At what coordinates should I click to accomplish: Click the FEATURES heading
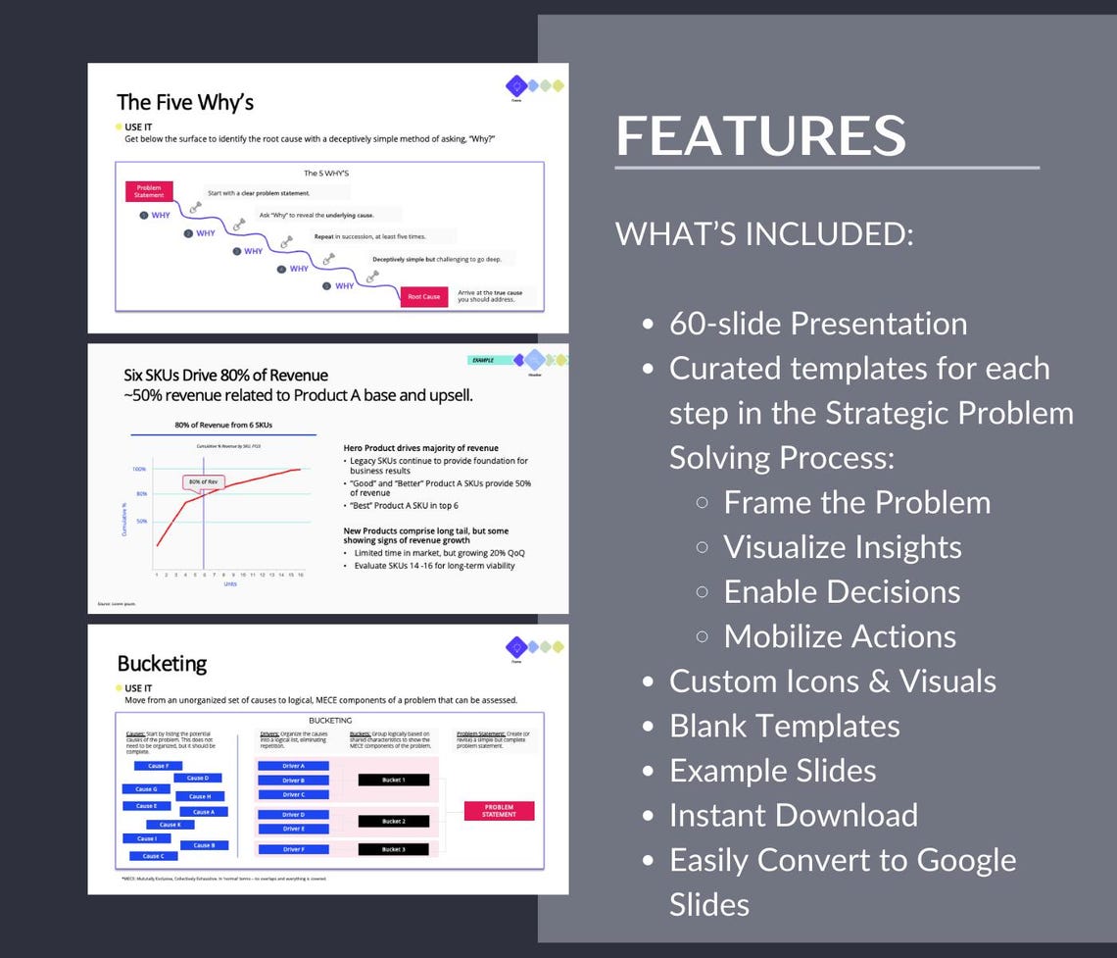point(760,135)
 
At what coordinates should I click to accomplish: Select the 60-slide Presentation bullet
point(818,324)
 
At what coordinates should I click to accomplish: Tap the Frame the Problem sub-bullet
point(856,502)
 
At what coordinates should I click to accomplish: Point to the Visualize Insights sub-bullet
point(842,547)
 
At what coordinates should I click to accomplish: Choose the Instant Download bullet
point(794,815)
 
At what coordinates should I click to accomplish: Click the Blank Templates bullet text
point(784,726)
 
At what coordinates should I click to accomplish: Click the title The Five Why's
point(185,102)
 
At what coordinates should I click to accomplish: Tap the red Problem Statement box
point(149,191)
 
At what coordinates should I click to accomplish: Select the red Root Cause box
point(423,296)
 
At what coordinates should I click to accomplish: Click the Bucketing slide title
point(162,664)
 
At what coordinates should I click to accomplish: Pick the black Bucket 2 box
point(392,821)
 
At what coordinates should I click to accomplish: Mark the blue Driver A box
point(292,766)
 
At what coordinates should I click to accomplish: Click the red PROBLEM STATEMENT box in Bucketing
point(499,811)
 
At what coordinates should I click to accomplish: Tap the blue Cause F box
point(158,766)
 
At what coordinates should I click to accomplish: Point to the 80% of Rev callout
point(203,481)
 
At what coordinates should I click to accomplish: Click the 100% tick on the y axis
point(139,469)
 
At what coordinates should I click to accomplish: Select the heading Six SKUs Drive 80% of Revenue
point(225,376)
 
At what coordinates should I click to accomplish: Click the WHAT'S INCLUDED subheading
point(764,234)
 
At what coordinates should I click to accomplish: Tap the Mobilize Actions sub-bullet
point(840,636)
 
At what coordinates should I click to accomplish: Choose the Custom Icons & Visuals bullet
point(832,681)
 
